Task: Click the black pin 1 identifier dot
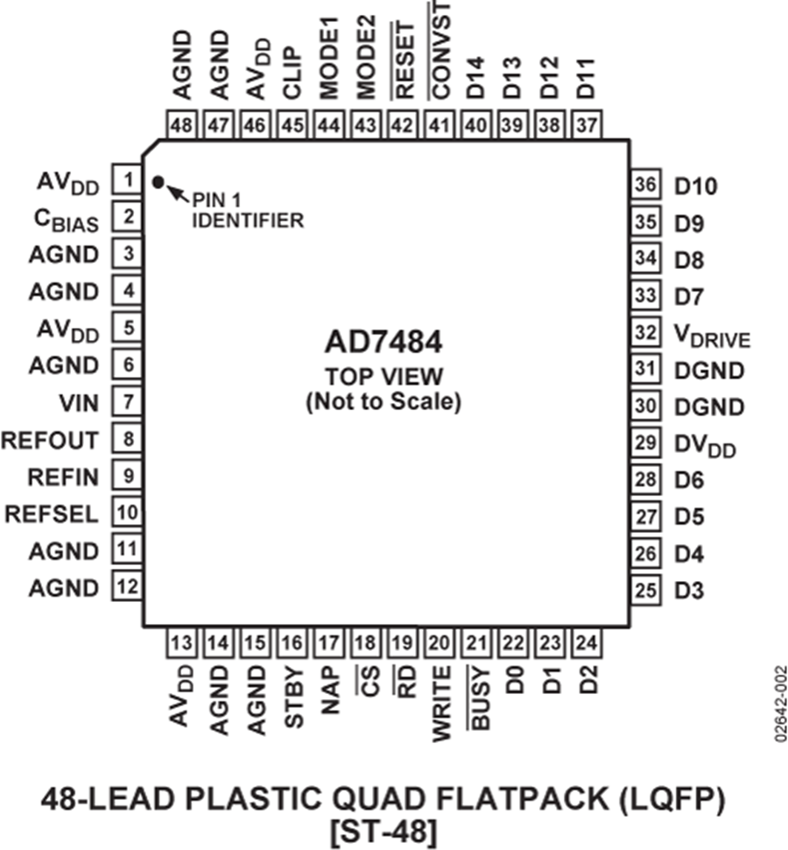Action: tap(158, 182)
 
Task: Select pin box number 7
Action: tap(128, 402)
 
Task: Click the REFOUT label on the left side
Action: tap(52, 440)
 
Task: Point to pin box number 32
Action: tap(645, 333)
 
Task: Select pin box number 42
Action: tap(403, 125)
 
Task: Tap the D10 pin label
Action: tap(697, 186)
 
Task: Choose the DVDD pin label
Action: tap(706, 446)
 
